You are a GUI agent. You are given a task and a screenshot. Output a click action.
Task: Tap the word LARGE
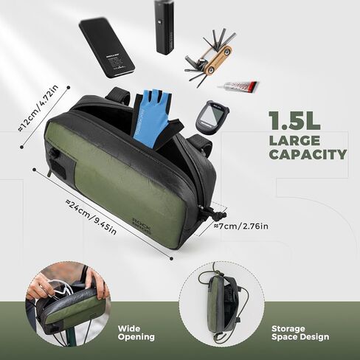294,139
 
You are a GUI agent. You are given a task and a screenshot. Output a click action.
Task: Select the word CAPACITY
308,155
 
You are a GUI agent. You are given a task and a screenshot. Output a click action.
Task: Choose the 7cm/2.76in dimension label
242,224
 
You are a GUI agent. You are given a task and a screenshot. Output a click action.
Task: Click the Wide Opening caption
136,332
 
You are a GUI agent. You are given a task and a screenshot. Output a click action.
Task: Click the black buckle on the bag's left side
54,155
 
